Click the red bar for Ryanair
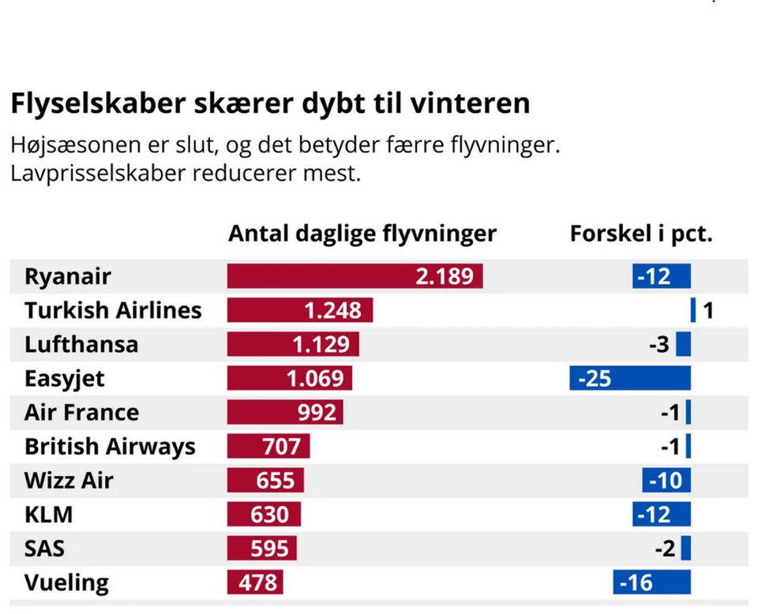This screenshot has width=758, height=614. [355, 276]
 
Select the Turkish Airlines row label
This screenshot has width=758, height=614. [113, 310]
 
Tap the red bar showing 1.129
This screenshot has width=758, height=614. [293, 344]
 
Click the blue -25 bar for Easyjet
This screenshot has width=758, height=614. [630, 378]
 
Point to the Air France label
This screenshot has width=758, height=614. [81, 413]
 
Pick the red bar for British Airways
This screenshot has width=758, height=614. [268, 446]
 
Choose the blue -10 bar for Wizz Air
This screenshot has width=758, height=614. [666, 480]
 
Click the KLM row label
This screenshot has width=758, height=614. [48, 515]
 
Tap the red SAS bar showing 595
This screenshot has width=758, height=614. [261, 548]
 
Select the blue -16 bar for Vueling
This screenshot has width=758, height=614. [651, 582]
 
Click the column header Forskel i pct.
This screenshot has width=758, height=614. [641, 234]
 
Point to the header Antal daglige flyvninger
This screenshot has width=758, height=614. [362, 234]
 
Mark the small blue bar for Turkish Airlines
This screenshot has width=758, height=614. [693, 310]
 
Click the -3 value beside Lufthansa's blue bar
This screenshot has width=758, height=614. [659, 344]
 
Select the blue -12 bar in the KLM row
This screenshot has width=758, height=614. [662, 514]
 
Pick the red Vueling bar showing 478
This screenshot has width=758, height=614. [255, 582]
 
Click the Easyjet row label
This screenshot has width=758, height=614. [64, 379]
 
